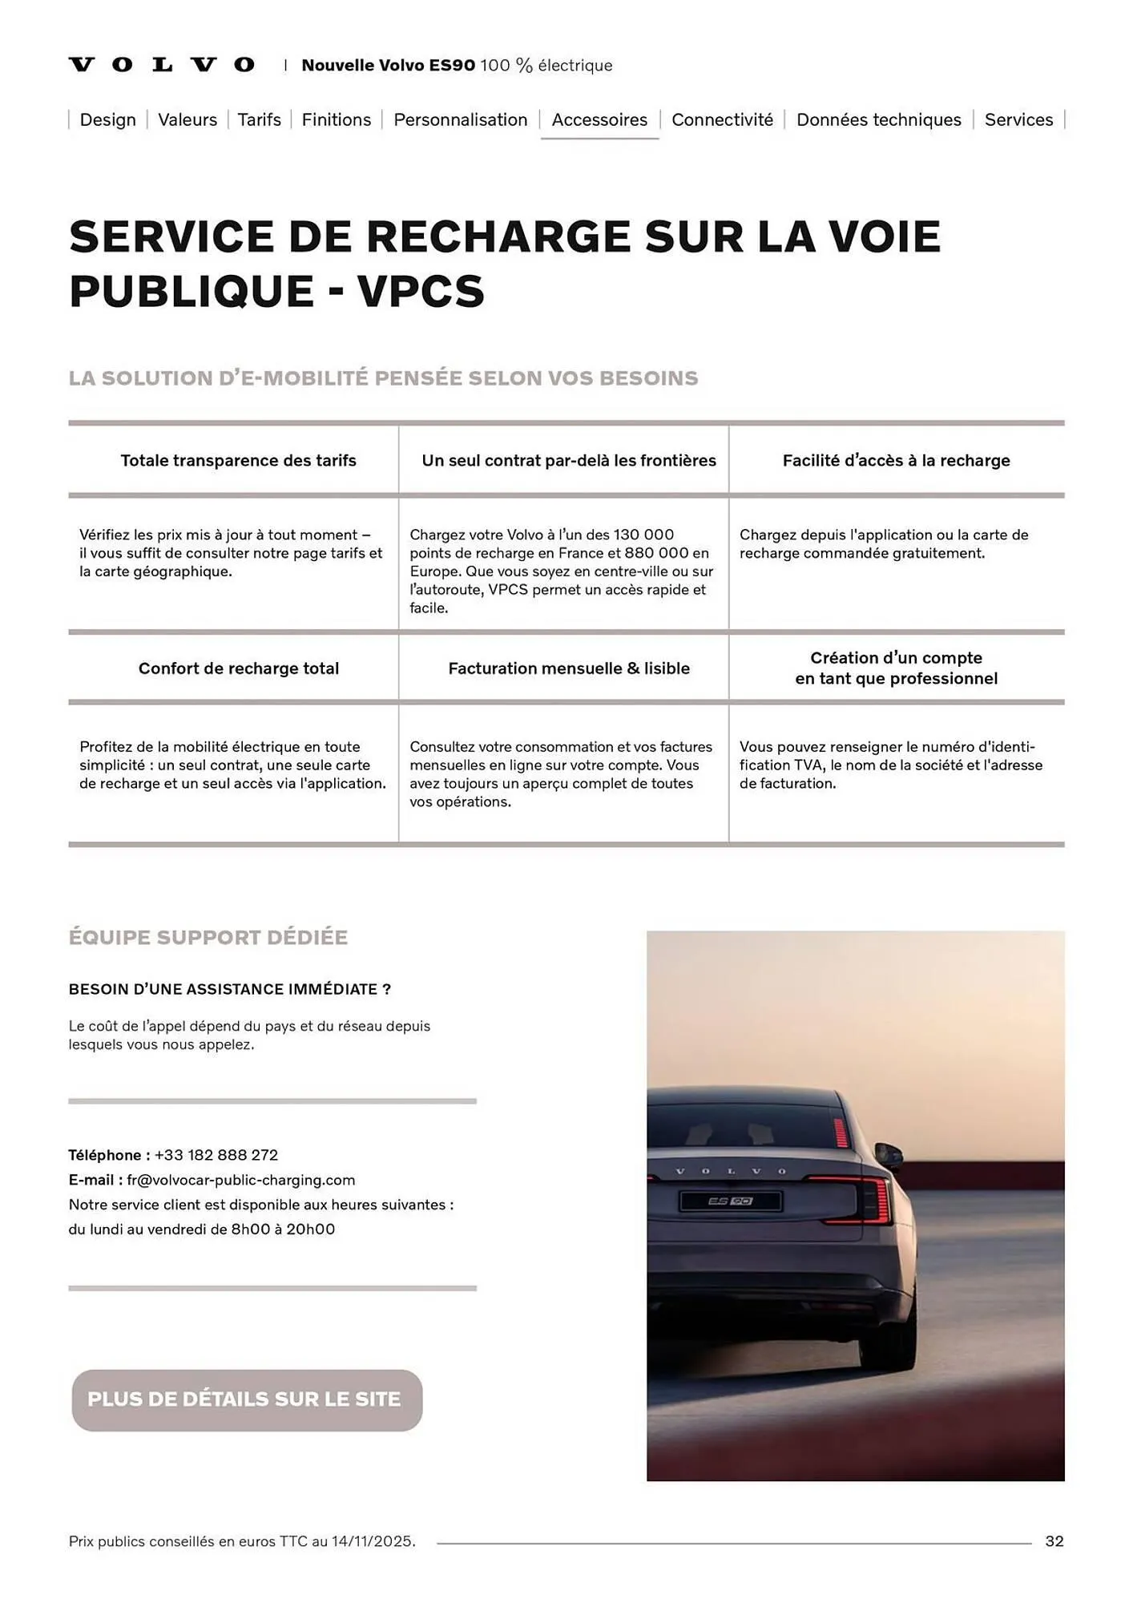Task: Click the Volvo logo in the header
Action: click(161, 65)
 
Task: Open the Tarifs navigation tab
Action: click(259, 119)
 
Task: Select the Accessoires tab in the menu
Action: click(599, 120)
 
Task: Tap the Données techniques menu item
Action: click(878, 119)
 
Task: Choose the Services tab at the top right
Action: click(1018, 119)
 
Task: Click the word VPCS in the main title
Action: click(421, 290)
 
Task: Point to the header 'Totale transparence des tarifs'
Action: click(238, 460)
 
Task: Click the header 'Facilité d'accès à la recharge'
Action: click(896, 460)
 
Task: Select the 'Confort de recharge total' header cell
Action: click(238, 668)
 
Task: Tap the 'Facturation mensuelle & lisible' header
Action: click(568, 668)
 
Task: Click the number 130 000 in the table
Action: click(643, 535)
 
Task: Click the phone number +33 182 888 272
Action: click(216, 1155)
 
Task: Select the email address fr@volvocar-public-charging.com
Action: click(240, 1180)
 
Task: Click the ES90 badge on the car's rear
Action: click(730, 1201)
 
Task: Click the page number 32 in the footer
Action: click(1054, 1541)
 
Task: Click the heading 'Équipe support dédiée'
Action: click(208, 937)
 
